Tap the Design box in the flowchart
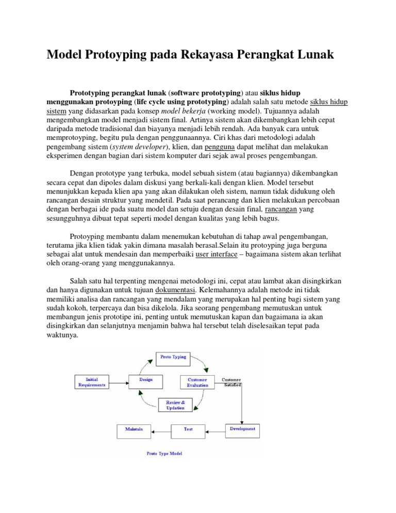click(x=145, y=380)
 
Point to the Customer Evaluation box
click(x=197, y=382)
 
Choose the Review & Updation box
click(x=175, y=405)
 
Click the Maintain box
click(x=134, y=429)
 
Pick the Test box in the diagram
click(x=189, y=429)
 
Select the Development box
click(x=242, y=429)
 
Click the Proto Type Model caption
click(x=164, y=454)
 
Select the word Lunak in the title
click(x=315, y=55)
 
